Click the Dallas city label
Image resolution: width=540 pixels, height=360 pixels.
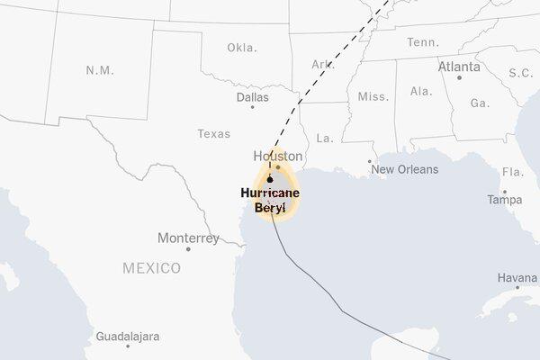(x=253, y=96)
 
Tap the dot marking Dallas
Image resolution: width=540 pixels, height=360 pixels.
(x=253, y=107)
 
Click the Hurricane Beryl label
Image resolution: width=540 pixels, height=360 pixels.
(x=270, y=200)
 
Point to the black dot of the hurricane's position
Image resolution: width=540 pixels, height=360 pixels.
(x=269, y=179)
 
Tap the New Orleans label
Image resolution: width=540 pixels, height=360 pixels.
(x=405, y=169)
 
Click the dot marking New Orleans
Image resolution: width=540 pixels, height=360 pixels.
(x=369, y=162)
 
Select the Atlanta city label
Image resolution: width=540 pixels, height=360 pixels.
(x=459, y=67)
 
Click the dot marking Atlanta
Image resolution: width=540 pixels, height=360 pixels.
(x=459, y=77)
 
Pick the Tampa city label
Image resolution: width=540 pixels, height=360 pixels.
(x=505, y=200)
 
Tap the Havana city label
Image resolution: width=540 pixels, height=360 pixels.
(x=517, y=277)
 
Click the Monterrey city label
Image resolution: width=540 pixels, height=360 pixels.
(x=188, y=238)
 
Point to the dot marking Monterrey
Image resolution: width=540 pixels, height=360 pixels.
(x=188, y=249)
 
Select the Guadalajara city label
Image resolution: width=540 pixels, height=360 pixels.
(x=127, y=337)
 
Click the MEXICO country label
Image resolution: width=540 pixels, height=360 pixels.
(x=151, y=268)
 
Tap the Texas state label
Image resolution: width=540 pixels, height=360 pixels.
(x=213, y=133)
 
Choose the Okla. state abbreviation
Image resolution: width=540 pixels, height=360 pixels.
(x=241, y=47)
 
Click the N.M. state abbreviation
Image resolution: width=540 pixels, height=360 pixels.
(x=99, y=69)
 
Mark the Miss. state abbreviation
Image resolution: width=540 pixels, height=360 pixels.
(x=373, y=96)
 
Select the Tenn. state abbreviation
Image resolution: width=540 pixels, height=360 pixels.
(x=422, y=42)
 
